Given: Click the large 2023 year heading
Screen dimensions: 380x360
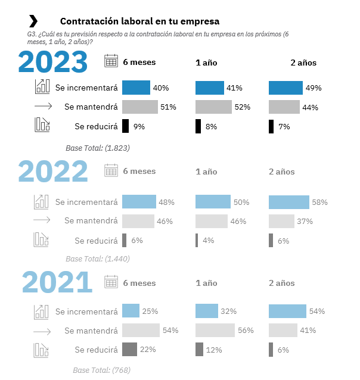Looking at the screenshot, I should tap(54, 61).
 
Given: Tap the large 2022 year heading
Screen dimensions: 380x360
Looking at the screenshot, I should tap(54, 172).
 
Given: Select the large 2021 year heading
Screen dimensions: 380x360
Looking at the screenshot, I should tap(57, 282).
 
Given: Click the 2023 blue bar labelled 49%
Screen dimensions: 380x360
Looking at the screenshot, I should tap(286, 88).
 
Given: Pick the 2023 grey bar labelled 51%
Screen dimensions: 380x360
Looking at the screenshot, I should tap(140, 107).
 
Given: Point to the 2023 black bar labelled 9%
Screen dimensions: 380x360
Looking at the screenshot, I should tap(125, 126).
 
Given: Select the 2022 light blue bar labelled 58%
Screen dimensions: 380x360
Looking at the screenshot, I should tap(289, 202).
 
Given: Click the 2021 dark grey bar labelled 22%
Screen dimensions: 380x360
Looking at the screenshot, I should tap(129, 349).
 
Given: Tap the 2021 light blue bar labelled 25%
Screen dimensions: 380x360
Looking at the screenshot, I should tap(131, 311).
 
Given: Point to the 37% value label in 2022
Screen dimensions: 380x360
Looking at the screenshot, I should tap(305, 222).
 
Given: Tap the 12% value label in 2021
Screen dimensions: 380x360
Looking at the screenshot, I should tap(215, 350).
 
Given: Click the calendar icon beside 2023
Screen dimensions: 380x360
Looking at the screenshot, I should tap(111, 61).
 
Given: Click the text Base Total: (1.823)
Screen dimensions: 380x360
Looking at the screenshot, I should tap(98, 147).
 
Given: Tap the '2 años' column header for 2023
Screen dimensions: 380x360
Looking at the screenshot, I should tap(303, 63).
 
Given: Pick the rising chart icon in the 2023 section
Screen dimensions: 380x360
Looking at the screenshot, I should tap(42, 87).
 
